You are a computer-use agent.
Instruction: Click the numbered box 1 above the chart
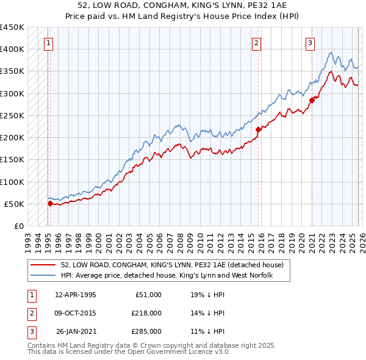(x=48, y=43)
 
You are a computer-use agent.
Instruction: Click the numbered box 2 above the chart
(x=256, y=43)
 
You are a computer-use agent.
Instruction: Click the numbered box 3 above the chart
(x=310, y=43)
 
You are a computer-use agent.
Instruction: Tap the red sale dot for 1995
(x=50, y=204)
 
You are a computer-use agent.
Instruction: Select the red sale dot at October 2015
(x=258, y=129)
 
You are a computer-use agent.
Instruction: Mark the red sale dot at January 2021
(x=312, y=100)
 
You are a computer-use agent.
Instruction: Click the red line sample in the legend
(x=44, y=265)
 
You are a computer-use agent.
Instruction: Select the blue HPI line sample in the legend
(x=44, y=276)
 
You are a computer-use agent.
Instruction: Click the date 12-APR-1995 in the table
(x=75, y=295)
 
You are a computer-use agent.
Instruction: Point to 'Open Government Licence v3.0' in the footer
(x=177, y=352)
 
